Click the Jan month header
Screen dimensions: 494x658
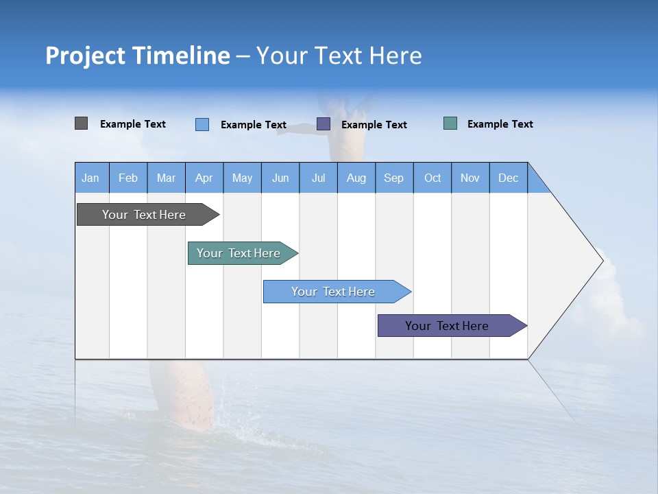pos(90,178)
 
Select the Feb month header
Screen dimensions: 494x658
pos(128,178)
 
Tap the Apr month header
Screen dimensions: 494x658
pos(204,178)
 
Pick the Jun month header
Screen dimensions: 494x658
pos(280,178)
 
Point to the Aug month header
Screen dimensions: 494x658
pos(356,178)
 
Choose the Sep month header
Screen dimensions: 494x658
pos(393,178)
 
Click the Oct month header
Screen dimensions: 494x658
pos(432,178)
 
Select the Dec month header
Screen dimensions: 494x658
pos(508,178)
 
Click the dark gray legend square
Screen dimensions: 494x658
pos(82,123)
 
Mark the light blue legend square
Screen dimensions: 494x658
pos(202,124)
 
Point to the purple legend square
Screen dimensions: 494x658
pos(324,124)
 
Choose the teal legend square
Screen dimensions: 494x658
pos(450,123)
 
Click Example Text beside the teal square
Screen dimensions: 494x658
pos(500,124)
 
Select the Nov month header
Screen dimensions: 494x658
pos(470,178)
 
